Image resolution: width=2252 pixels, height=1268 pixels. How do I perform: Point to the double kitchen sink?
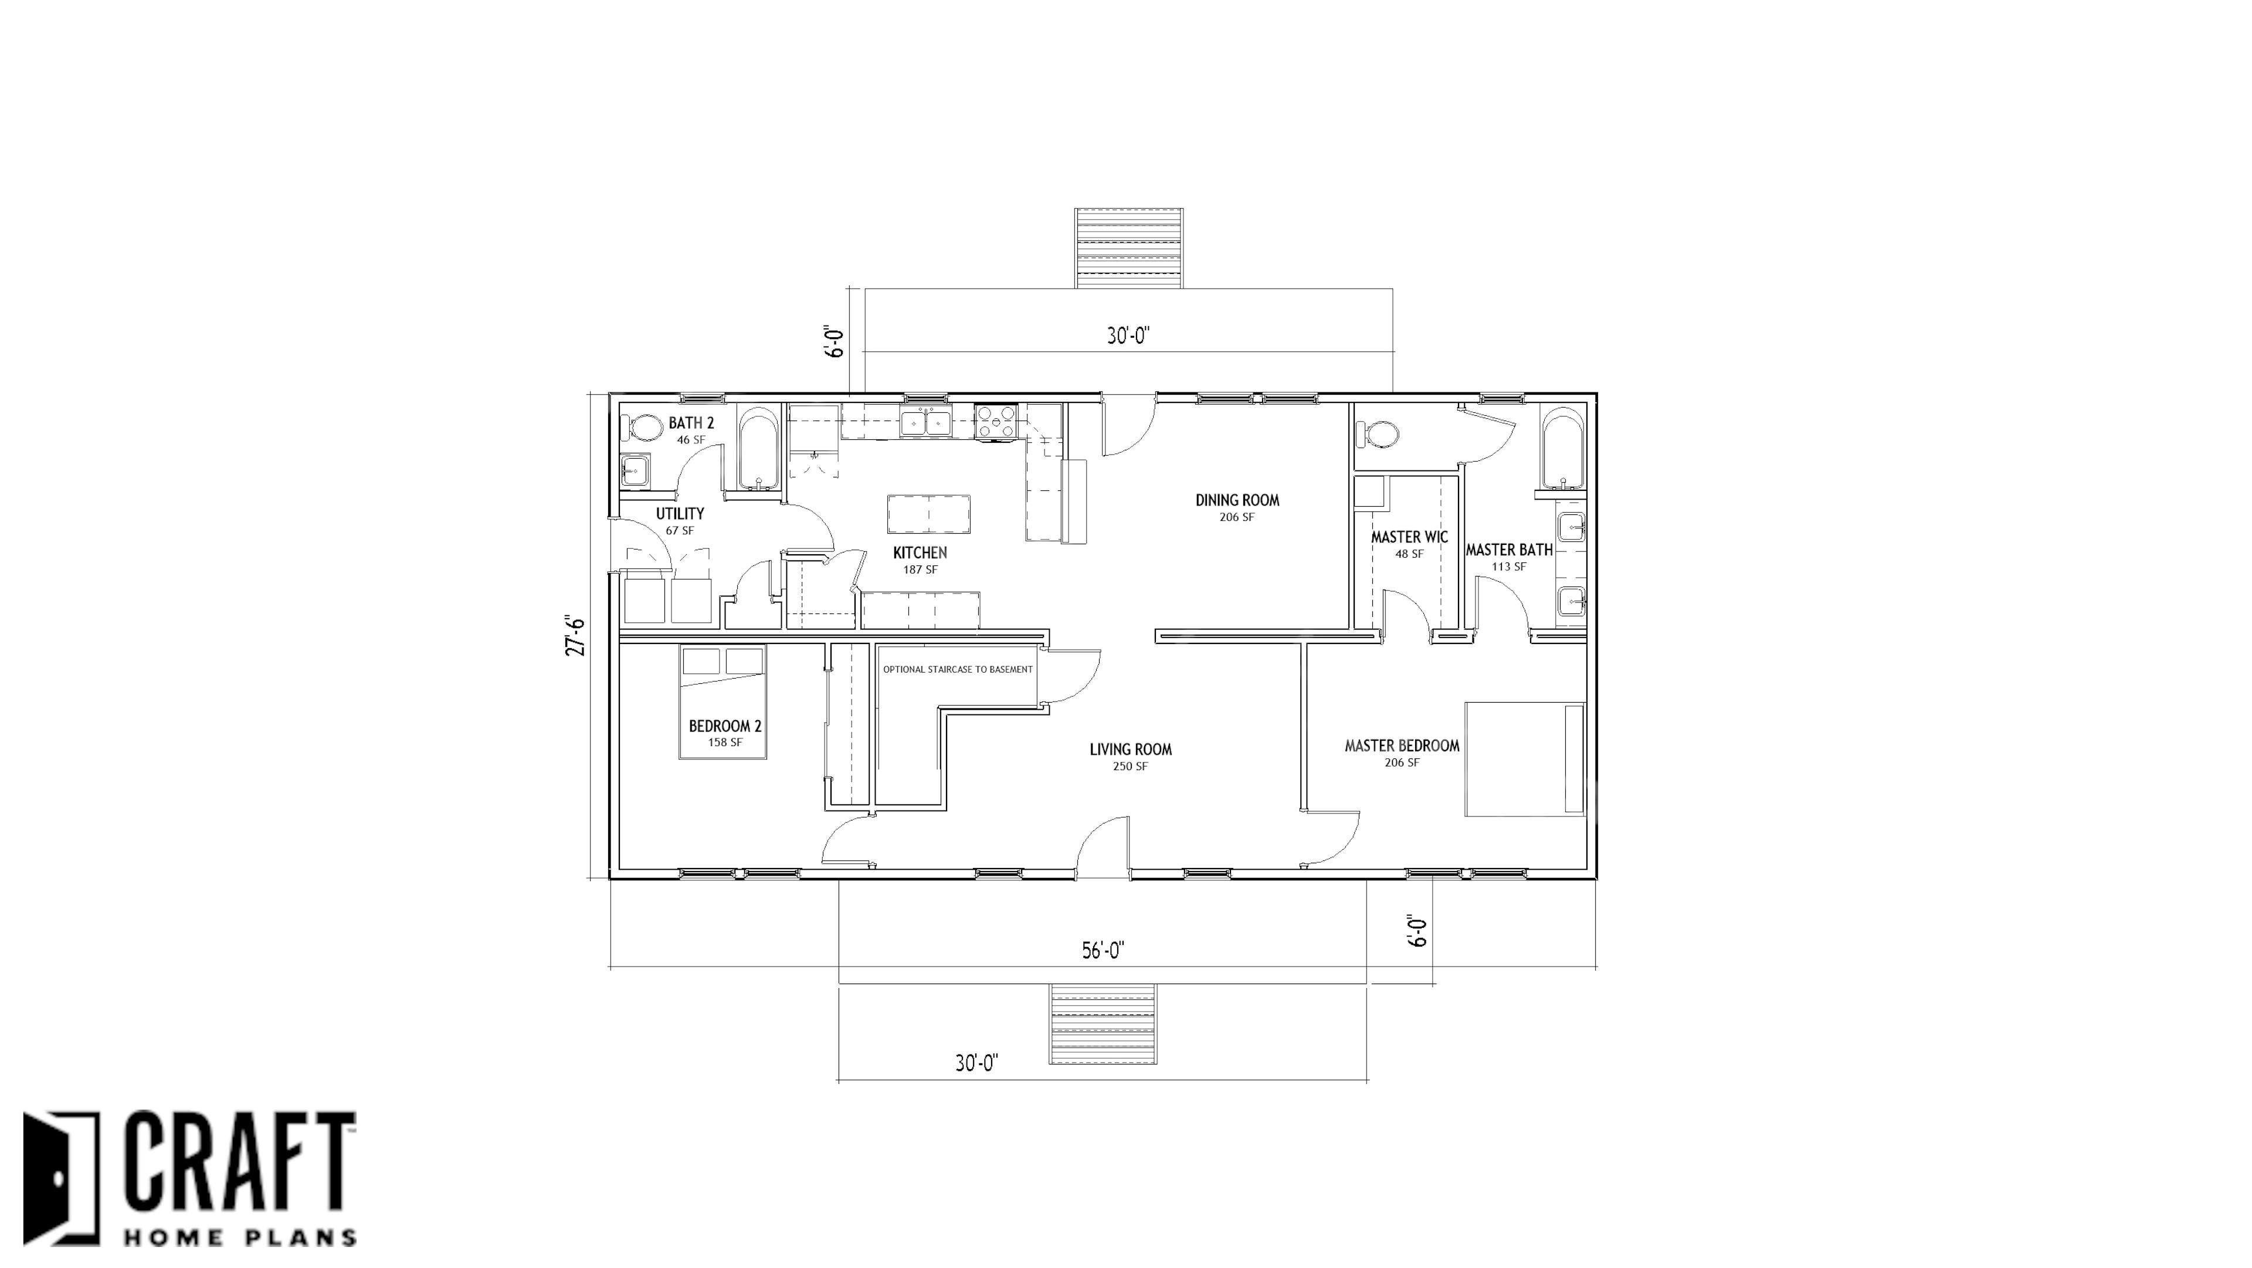pyautogui.click(x=926, y=422)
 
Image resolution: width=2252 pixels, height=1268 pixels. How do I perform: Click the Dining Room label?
pyautogui.click(x=1237, y=500)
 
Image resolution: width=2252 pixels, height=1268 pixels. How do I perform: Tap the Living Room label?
pyautogui.click(x=1130, y=750)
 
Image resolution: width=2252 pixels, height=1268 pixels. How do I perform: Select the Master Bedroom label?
pyautogui.click(x=1402, y=746)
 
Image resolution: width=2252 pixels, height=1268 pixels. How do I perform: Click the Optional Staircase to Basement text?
pyautogui.click(x=957, y=670)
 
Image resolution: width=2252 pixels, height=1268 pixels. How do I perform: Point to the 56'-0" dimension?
pyautogui.click(x=1103, y=951)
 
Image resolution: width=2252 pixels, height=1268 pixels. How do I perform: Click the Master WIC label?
pyautogui.click(x=1409, y=537)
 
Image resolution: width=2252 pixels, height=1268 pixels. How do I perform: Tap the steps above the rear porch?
pyautogui.click(x=1128, y=248)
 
